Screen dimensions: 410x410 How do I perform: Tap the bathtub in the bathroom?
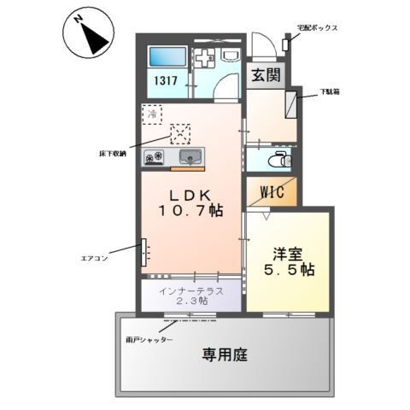click(x=166, y=59)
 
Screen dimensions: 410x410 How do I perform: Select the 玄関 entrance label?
click(x=266, y=75)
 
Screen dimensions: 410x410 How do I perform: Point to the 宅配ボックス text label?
click(x=319, y=27)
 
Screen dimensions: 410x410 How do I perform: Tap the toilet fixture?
click(x=275, y=159)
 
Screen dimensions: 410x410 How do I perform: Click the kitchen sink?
click(x=190, y=156)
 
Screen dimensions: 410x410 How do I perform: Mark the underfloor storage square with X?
click(x=181, y=132)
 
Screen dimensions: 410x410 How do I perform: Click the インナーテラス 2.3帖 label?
click(x=192, y=296)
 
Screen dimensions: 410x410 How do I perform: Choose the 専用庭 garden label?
click(x=225, y=353)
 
